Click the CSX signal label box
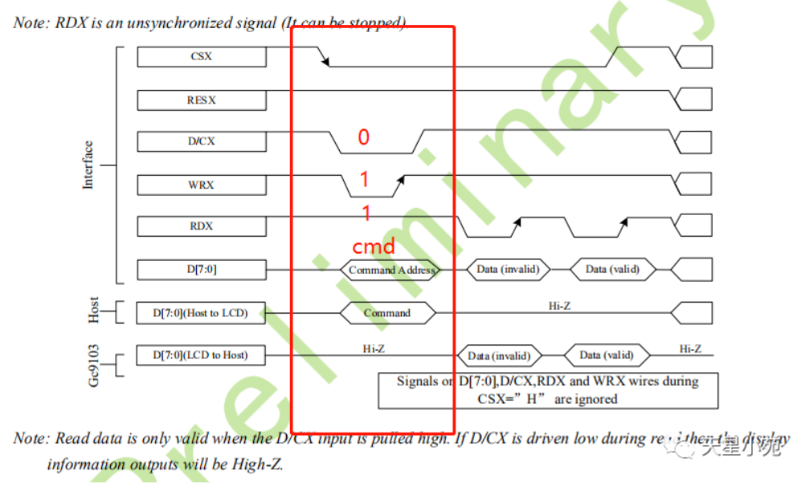point(201,56)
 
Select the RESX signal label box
point(201,100)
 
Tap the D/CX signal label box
point(201,141)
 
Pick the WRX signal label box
point(201,185)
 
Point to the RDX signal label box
point(201,226)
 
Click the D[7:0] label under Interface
point(201,270)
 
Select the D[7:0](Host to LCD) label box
point(201,313)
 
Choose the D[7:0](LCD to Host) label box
point(201,355)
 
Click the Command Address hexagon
point(391,270)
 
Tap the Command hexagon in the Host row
point(387,313)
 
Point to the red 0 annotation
point(363,138)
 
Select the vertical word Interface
point(88,165)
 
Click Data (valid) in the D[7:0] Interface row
point(612,270)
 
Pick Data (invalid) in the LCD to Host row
point(499,356)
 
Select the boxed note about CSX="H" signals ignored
point(547,390)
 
